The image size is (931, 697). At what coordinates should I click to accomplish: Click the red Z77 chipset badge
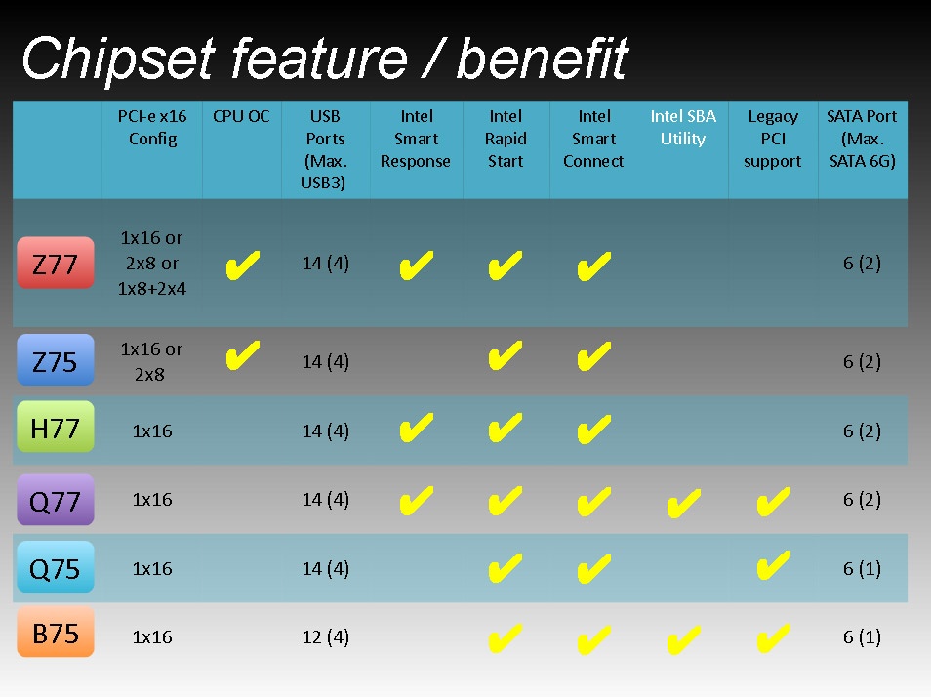click(56, 263)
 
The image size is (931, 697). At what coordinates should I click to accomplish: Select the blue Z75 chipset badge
click(56, 360)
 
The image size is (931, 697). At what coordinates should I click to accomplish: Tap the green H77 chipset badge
click(56, 427)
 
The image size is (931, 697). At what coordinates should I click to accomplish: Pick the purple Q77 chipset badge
click(56, 500)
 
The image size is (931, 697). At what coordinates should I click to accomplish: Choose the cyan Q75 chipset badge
click(56, 567)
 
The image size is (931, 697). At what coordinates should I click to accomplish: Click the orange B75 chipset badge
click(56, 632)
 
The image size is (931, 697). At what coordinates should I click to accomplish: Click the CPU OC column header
click(241, 116)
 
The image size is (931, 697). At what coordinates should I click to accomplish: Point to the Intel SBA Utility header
click(683, 127)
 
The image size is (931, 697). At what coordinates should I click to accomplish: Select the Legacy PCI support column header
click(773, 139)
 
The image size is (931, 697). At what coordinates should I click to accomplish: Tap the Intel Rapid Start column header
click(506, 139)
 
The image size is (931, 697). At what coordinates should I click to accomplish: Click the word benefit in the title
click(542, 59)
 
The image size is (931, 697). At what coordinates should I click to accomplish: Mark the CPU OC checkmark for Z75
click(242, 355)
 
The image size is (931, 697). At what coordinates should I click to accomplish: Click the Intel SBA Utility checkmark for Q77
click(683, 503)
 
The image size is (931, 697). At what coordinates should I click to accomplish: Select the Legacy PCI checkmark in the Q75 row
click(773, 565)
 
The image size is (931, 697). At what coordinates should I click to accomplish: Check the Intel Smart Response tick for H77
click(417, 428)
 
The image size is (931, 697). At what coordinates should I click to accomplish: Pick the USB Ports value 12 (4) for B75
click(325, 637)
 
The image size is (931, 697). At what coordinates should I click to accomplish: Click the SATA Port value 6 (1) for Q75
click(862, 569)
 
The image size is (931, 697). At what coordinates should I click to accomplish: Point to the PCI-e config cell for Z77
click(152, 263)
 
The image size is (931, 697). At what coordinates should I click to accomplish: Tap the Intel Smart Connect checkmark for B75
click(593, 639)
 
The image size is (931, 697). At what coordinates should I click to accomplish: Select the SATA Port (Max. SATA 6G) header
click(862, 139)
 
